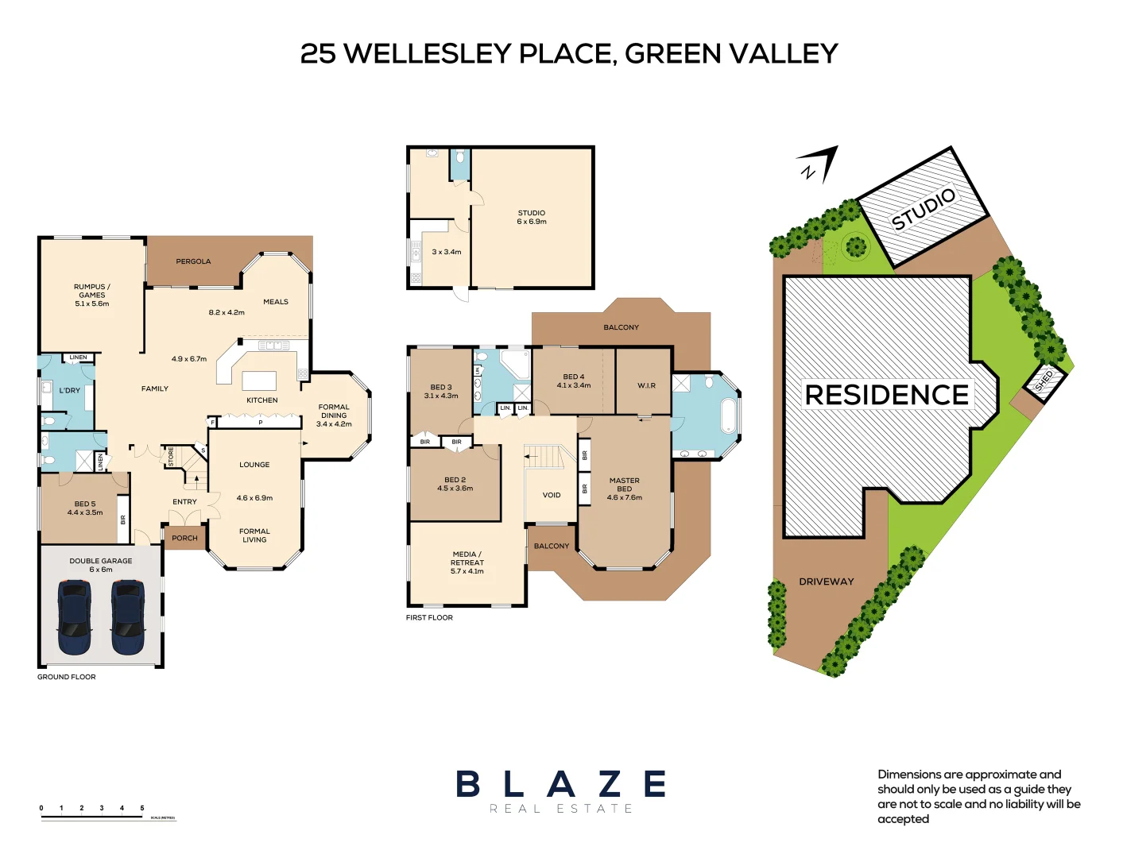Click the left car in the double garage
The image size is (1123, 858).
pyautogui.click(x=74, y=617)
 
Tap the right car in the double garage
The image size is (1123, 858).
pyautogui.click(x=127, y=617)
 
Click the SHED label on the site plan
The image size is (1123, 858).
pyautogui.click(x=1044, y=381)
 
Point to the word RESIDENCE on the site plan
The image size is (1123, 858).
pyautogui.click(x=886, y=395)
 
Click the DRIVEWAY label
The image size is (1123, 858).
pyautogui.click(x=826, y=582)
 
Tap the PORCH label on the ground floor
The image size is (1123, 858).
pyautogui.click(x=184, y=538)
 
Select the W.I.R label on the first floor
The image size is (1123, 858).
pyautogui.click(x=646, y=385)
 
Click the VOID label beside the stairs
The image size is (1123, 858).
pyautogui.click(x=551, y=495)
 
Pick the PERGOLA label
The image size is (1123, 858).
pyautogui.click(x=193, y=261)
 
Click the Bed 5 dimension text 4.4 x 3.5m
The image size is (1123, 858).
pyautogui.click(x=85, y=512)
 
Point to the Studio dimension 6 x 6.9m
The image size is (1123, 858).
pyautogui.click(x=532, y=222)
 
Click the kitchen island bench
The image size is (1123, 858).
pyautogui.click(x=259, y=380)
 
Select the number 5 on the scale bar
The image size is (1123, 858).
pyautogui.click(x=142, y=808)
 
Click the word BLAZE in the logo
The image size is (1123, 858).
pyautogui.click(x=560, y=784)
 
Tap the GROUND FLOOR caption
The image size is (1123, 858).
pyautogui.click(x=66, y=677)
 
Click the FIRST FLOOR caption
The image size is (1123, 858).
pyautogui.click(x=429, y=617)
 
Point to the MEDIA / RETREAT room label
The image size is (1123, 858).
pyautogui.click(x=467, y=558)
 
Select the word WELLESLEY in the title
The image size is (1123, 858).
pyautogui.click(x=428, y=53)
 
